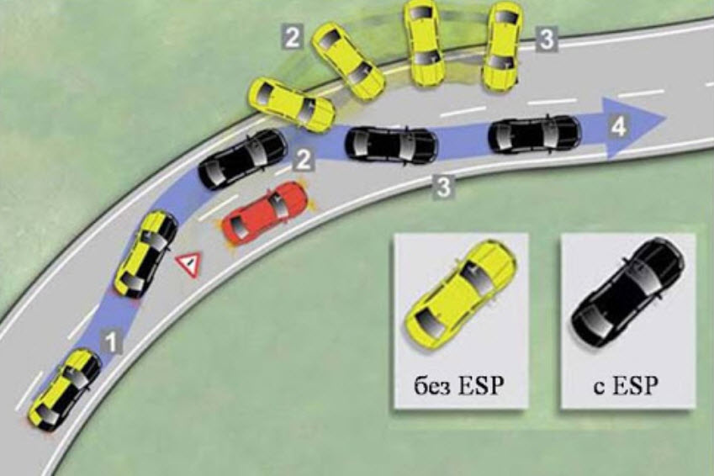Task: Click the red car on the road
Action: click(265, 214)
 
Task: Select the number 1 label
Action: click(110, 340)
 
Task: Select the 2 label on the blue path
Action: click(304, 157)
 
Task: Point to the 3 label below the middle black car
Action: click(443, 186)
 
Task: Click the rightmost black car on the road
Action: click(534, 133)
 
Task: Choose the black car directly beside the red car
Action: click(242, 159)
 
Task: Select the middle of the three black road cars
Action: click(391, 144)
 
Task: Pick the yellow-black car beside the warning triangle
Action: click(145, 253)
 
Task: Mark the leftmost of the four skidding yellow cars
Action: click(291, 103)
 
